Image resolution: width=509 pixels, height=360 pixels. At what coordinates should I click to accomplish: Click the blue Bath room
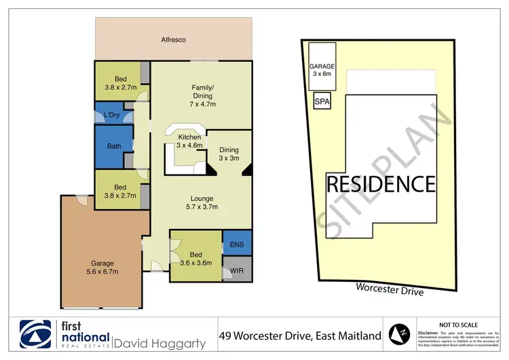pyautogui.click(x=113, y=146)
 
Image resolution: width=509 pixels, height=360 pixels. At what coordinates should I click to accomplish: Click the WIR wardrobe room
pyautogui.click(x=237, y=270)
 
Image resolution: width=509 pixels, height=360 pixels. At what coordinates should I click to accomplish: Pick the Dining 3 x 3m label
pyautogui.click(x=229, y=155)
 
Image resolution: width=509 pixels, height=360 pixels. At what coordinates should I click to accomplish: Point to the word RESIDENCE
pyautogui.click(x=381, y=183)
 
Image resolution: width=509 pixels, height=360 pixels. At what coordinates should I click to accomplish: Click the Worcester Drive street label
pyautogui.click(x=390, y=290)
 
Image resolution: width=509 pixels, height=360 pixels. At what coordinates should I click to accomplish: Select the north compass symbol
pyautogui.click(x=400, y=334)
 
